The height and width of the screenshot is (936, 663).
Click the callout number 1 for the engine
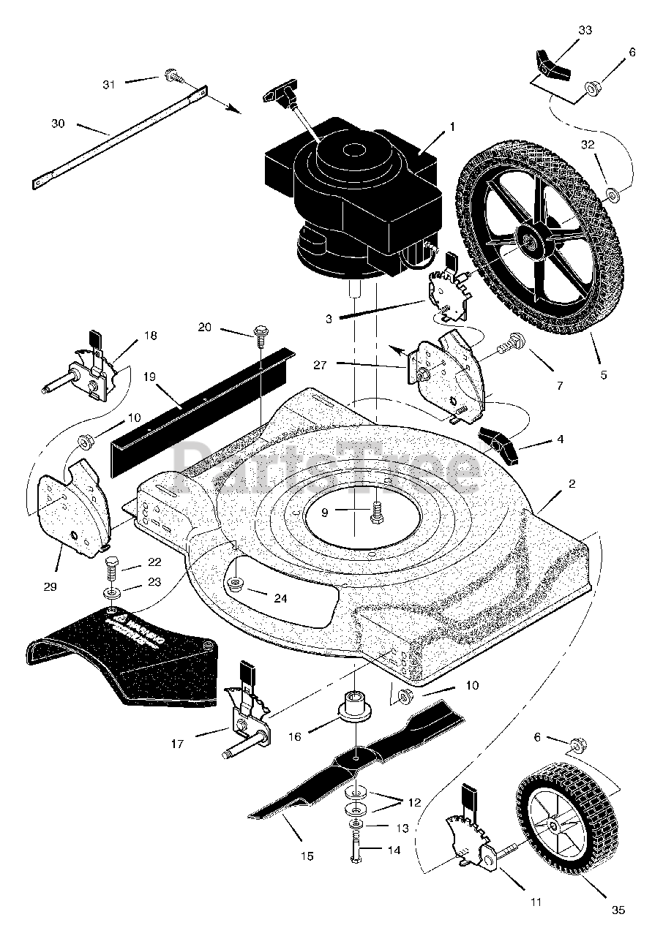coord(452,127)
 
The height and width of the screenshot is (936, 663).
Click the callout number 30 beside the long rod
coord(58,124)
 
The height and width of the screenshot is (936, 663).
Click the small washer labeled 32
coord(612,195)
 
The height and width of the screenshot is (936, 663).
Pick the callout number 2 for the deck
coord(572,483)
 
